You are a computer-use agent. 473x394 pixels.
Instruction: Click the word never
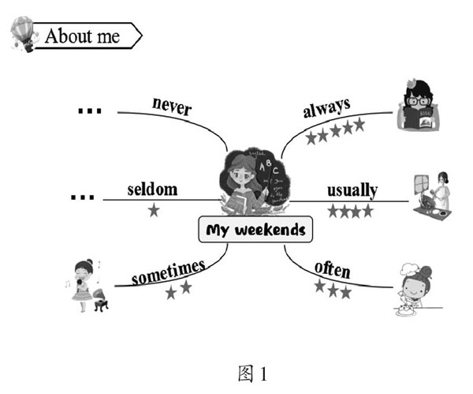[x=171, y=106]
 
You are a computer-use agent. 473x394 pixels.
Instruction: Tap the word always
[x=326, y=108]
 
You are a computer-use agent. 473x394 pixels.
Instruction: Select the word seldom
[x=152, y=189]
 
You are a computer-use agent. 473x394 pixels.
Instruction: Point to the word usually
[x=351, y=190]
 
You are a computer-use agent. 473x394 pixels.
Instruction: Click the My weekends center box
[x=255, y=231]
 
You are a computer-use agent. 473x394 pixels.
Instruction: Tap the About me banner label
[x=83, y=36]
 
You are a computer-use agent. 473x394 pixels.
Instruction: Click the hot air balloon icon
[x=21, y=34]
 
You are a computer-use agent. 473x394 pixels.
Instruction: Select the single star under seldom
[x=153, y=210]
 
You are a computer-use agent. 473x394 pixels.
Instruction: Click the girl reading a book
[x=418, y=107]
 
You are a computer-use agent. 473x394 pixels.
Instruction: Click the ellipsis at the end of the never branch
[x=89, y=111]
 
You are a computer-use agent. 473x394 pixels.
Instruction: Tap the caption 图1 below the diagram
[x=254, y=371]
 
